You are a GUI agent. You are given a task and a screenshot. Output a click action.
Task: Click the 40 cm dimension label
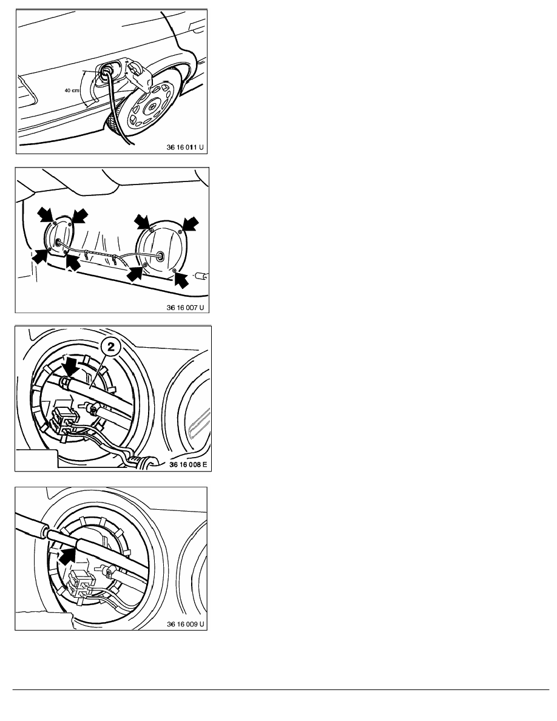tap(72, 90)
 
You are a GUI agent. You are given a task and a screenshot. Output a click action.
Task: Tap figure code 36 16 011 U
tap(184, 147)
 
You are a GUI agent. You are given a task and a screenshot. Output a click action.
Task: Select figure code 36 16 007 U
tap(185, 308)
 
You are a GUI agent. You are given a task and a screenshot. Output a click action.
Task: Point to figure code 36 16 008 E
tap(188, 464)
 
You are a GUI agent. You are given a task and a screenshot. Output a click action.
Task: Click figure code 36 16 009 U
tap(186, 624)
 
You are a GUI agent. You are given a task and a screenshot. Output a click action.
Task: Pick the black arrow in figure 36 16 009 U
tap(67, 555)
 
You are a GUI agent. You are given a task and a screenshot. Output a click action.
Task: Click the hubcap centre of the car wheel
tap(150, 108)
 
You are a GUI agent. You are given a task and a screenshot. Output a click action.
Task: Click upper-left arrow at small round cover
tap(46, 214)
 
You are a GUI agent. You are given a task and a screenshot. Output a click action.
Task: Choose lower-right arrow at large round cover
tap(181, 279)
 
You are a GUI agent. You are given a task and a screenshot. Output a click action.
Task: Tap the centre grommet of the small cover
tap(58, 242)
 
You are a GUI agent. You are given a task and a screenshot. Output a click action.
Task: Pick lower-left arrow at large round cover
tap(135, 272)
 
